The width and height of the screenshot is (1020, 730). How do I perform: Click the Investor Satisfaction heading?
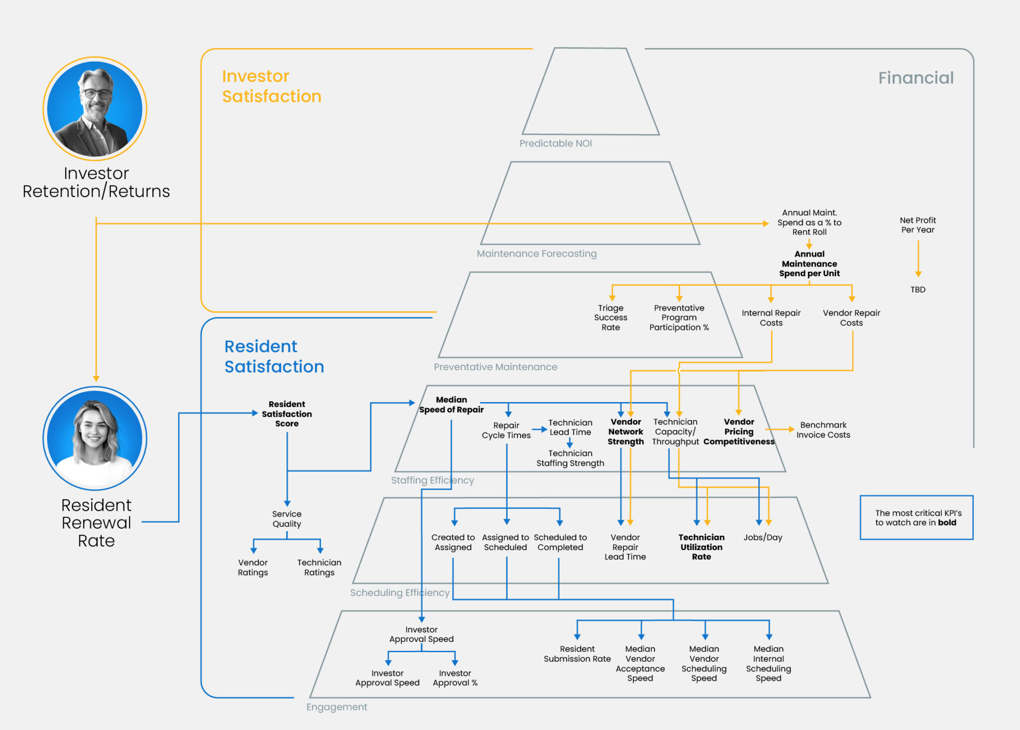[271, 86]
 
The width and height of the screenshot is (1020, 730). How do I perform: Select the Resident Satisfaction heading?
[274, 356]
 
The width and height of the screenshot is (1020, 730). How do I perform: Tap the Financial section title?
[915, 78]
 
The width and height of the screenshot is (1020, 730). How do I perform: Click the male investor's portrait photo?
[95, 109]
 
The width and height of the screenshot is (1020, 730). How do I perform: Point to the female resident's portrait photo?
[95, 438]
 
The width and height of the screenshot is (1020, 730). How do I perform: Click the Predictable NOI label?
[555, 144]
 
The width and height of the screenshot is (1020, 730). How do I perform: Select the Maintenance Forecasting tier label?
[536, 254]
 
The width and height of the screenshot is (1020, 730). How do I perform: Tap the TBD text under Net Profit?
[917, 290]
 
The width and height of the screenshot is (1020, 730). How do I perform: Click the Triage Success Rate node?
[611, 317]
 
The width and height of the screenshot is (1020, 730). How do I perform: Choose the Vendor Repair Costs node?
[851, 317]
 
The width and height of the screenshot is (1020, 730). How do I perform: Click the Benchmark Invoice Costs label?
[823, 430]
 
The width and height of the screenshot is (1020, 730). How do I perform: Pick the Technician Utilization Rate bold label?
[701, 547]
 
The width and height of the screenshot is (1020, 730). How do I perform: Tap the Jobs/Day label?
[763, 537]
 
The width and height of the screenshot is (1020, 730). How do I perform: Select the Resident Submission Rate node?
[577, 654]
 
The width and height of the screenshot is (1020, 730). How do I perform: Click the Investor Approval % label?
[455, 678]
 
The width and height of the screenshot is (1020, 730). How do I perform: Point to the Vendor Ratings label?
[253, 567]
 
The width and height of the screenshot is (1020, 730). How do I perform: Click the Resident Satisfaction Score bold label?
[287, 414]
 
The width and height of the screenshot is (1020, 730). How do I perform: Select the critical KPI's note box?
[916, 517]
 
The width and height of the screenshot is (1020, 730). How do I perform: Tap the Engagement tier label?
[337, 707]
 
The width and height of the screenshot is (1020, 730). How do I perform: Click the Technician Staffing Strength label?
[570, 458]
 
